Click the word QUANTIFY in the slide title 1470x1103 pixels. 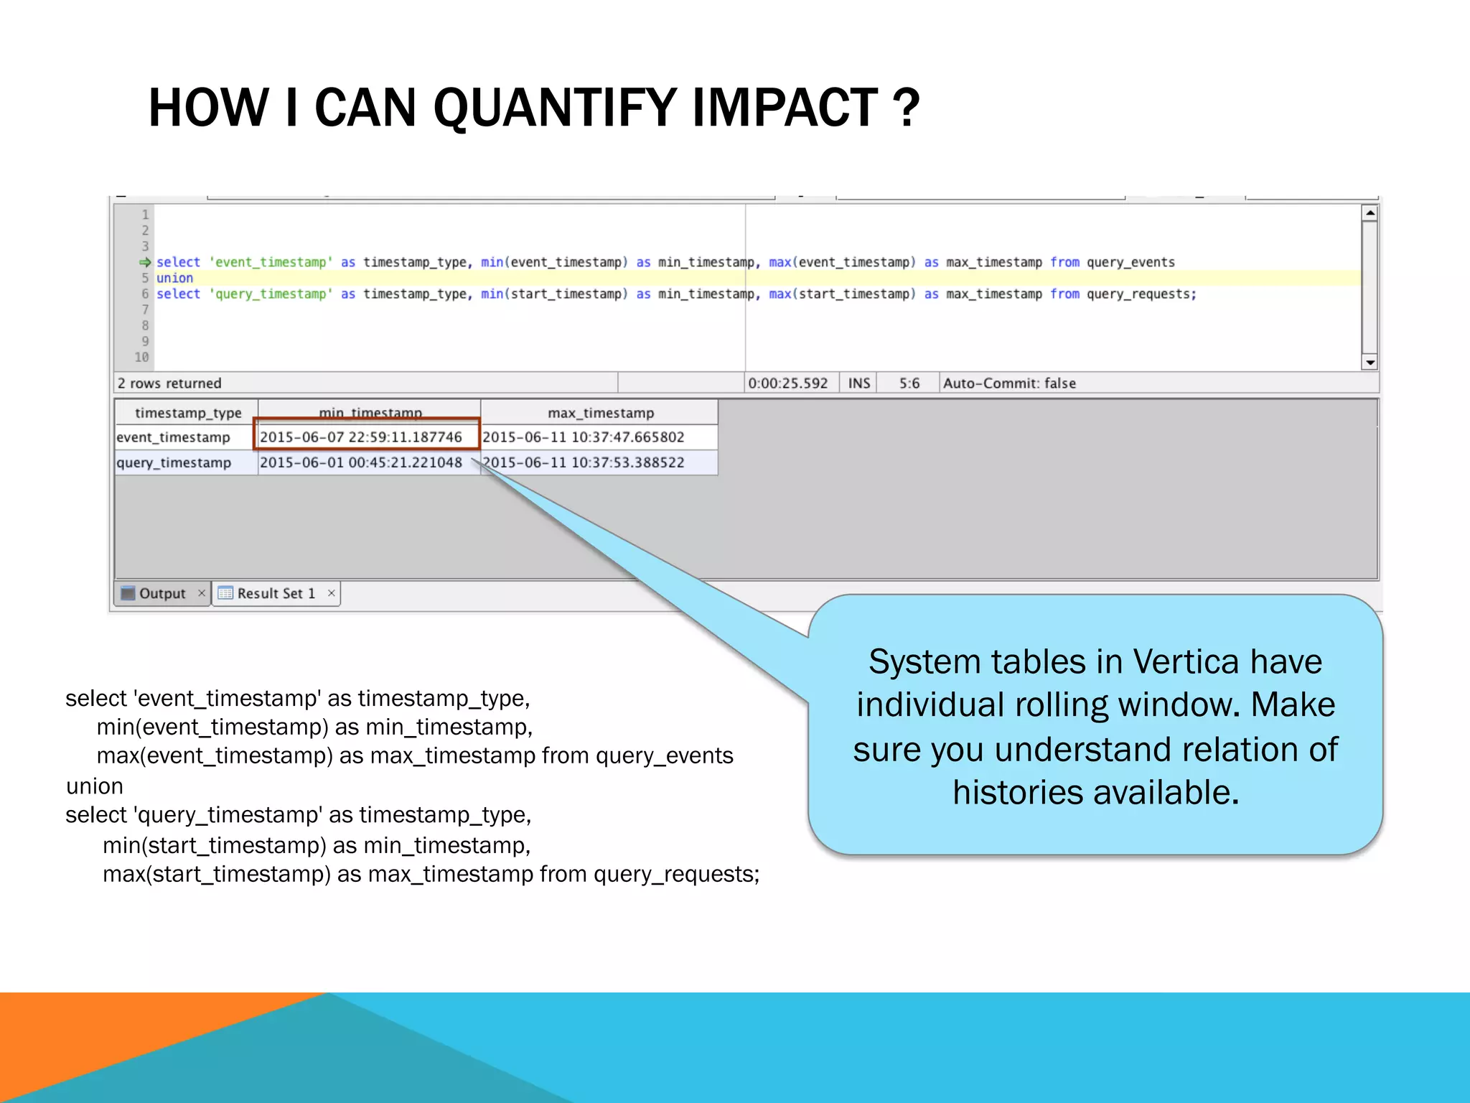tap(553, 108)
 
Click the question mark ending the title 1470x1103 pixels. tap(906, 108)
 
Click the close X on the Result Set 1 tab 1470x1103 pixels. tap(332, 593)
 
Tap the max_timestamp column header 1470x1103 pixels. tap(600, 413)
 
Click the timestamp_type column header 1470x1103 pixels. tap(188, 413)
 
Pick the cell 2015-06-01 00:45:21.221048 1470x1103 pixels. tap(361, 462)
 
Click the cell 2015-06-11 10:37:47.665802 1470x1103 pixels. tap(584, 437)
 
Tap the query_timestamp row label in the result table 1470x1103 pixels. tap(174, 462)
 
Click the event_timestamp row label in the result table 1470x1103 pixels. tap(173, 437)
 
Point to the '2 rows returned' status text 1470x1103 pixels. tap(169, 383)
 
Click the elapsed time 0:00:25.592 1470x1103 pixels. tap(787, 383)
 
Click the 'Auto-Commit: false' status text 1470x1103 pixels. tap(1008, 383)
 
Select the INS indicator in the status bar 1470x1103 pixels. tap(858, 383)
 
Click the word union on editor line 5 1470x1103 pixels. tap(174, 278)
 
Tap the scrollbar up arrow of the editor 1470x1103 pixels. tap(1370, 213)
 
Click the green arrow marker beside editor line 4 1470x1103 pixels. tap(145, 262)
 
